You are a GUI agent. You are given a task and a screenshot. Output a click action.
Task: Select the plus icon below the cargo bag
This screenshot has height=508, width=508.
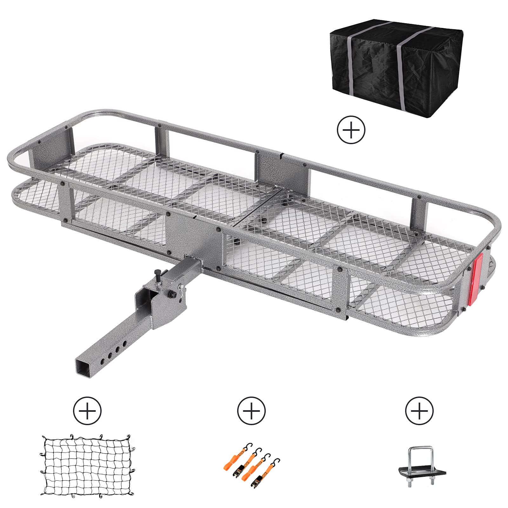coord(351,130)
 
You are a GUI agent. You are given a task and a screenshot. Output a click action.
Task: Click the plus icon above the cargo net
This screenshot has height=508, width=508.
coord(87,411)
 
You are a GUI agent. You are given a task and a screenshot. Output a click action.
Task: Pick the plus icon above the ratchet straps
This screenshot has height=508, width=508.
coord(251,411)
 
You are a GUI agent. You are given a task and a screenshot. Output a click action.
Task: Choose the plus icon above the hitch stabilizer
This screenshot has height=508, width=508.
coord(419,411)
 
